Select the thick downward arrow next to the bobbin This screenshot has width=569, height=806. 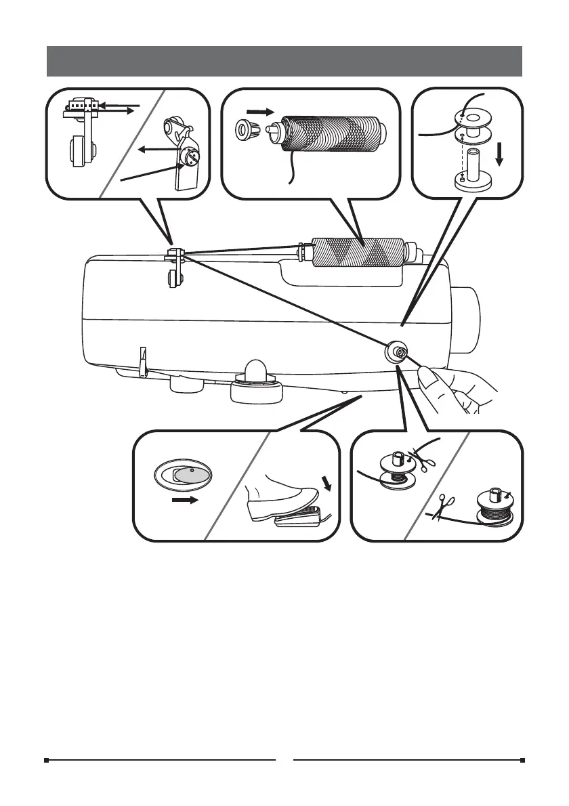[499, 155]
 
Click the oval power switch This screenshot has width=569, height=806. [184, 474]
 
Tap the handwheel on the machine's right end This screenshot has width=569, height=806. [467, 319]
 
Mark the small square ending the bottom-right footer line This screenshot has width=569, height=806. [522, 760]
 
